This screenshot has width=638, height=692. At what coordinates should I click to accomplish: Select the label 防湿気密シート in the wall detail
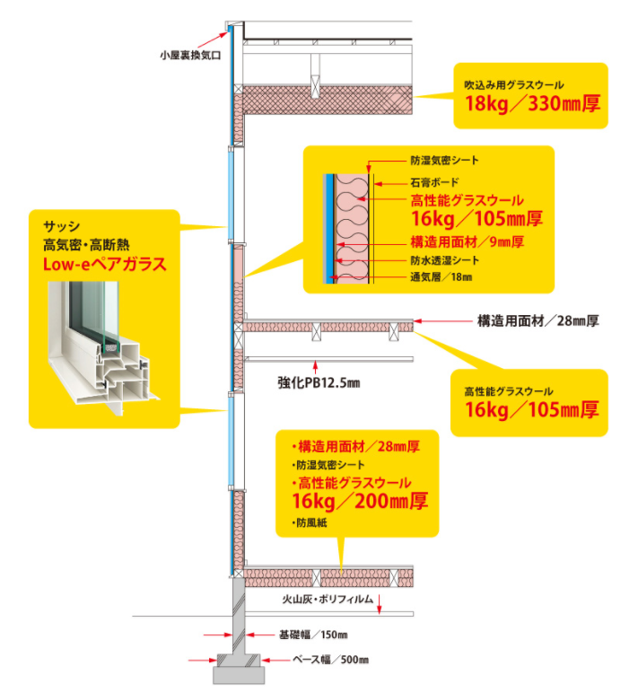tap(444, 162)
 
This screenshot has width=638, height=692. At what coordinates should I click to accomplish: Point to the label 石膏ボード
tap(435, 181)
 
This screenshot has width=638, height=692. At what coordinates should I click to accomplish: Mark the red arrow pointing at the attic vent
tap(212, 39)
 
